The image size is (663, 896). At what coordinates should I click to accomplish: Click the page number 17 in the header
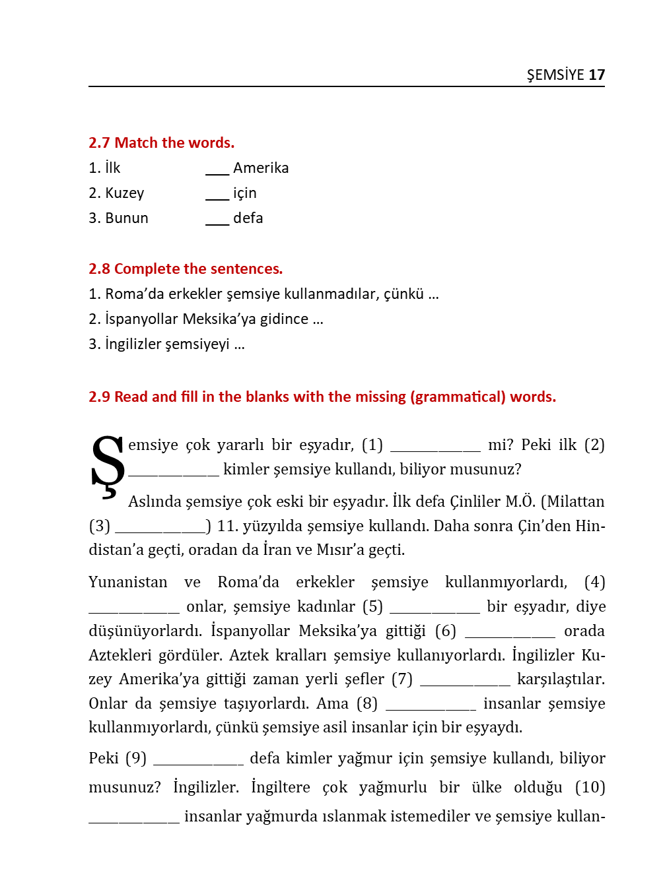point(596,75)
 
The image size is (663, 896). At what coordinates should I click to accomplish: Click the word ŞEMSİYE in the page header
point(555,75)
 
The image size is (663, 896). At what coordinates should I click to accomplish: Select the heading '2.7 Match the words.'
point(161,143)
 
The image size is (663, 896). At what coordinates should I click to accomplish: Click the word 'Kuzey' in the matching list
point(124,193)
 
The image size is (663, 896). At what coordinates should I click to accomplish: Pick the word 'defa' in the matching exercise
point(248,218)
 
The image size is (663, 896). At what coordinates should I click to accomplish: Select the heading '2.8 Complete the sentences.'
point(185,269)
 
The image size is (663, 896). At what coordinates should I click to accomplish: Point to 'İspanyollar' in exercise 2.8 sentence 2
point(141,319)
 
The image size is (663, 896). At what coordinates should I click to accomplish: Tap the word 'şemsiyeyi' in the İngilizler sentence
point(197,344)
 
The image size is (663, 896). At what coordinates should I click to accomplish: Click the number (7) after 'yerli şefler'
point(401,679)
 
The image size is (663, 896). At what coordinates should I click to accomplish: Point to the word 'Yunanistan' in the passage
point(127,582)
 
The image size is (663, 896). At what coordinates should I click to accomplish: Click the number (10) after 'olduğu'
point(590,787)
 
